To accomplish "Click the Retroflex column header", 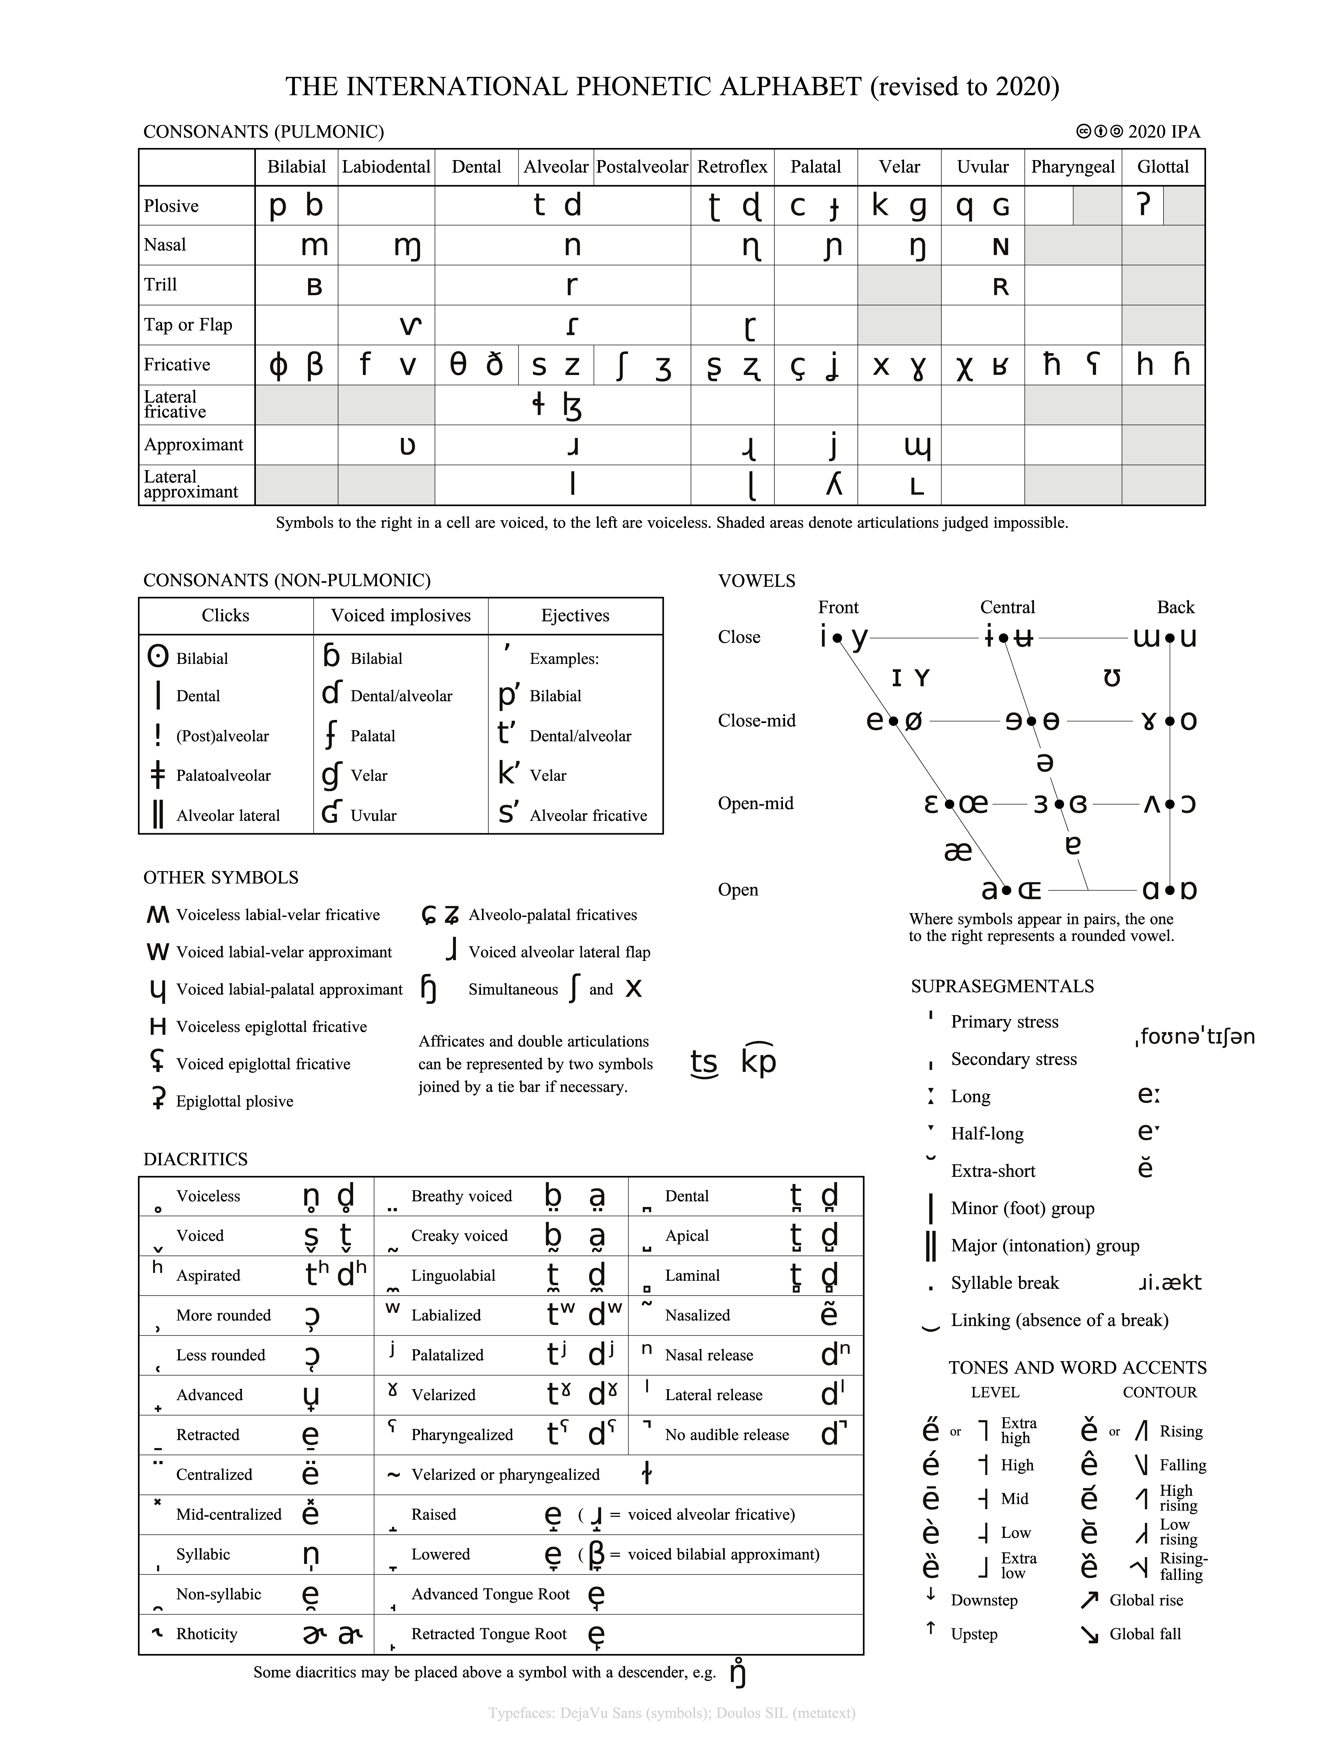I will click(x=732, y=167).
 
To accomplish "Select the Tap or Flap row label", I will click(x=188, y=325).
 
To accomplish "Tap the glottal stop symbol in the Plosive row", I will click(x=1143, y=205).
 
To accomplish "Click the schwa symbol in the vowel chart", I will click(x=1045, y=762).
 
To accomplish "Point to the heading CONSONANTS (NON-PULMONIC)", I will click(x=287, y=580).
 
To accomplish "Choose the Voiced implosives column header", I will click(x=401, y=615).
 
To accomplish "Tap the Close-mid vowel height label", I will click(x=756, y=720).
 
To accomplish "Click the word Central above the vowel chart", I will click(x=1007, y=607).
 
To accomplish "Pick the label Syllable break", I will click(x=1005, y=1283).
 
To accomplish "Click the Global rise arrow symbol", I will click(x=1089, y=1600).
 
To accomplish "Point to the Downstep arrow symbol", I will click(x=930, y=1594).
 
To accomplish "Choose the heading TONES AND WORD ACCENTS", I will click(x=1077, y=1367).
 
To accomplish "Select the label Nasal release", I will click(x=709, y=1355).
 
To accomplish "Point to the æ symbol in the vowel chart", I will click(x=958, y=851).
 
